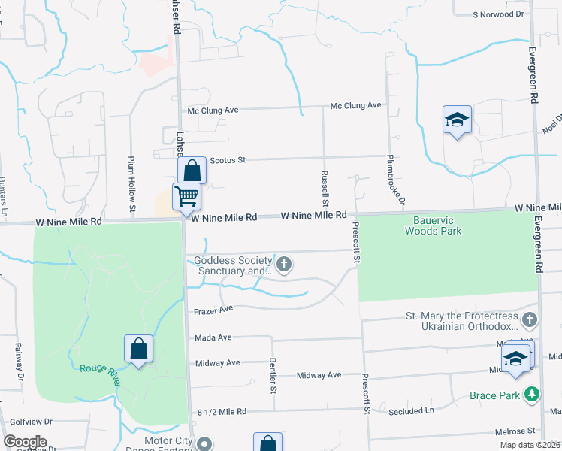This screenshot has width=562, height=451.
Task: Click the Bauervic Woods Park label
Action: click(433, 225)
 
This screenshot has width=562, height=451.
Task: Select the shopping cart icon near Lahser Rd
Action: click(186, 197)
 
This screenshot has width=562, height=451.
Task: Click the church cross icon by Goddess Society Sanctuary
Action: click(284, 264)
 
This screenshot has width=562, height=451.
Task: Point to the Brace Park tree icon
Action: click(532, 394)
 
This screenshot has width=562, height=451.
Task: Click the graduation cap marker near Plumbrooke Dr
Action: click(457, 120)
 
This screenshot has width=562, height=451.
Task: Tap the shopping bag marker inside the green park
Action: click(138, 349)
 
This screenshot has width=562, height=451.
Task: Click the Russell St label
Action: click(325, 188)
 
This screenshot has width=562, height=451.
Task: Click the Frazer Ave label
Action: click(213, 309)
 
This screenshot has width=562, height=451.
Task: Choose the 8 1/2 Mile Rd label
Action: click(222, 412)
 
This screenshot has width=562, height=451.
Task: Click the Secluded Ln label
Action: click(411, 412)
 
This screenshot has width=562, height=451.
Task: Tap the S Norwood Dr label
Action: click(497, 14)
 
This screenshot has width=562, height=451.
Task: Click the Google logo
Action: click(25, 442)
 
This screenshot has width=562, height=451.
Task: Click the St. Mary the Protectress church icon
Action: click(530, 320)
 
